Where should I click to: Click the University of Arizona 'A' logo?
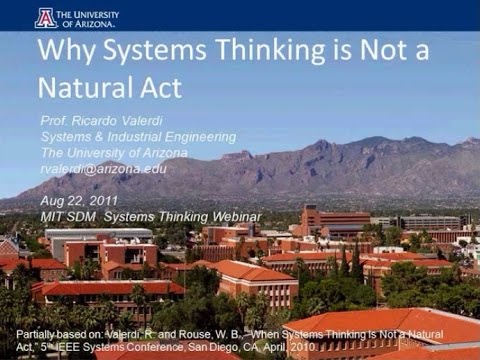pos(45,17)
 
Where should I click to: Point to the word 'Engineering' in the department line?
pos(198,137)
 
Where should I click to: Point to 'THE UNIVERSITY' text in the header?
pos(90,13)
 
